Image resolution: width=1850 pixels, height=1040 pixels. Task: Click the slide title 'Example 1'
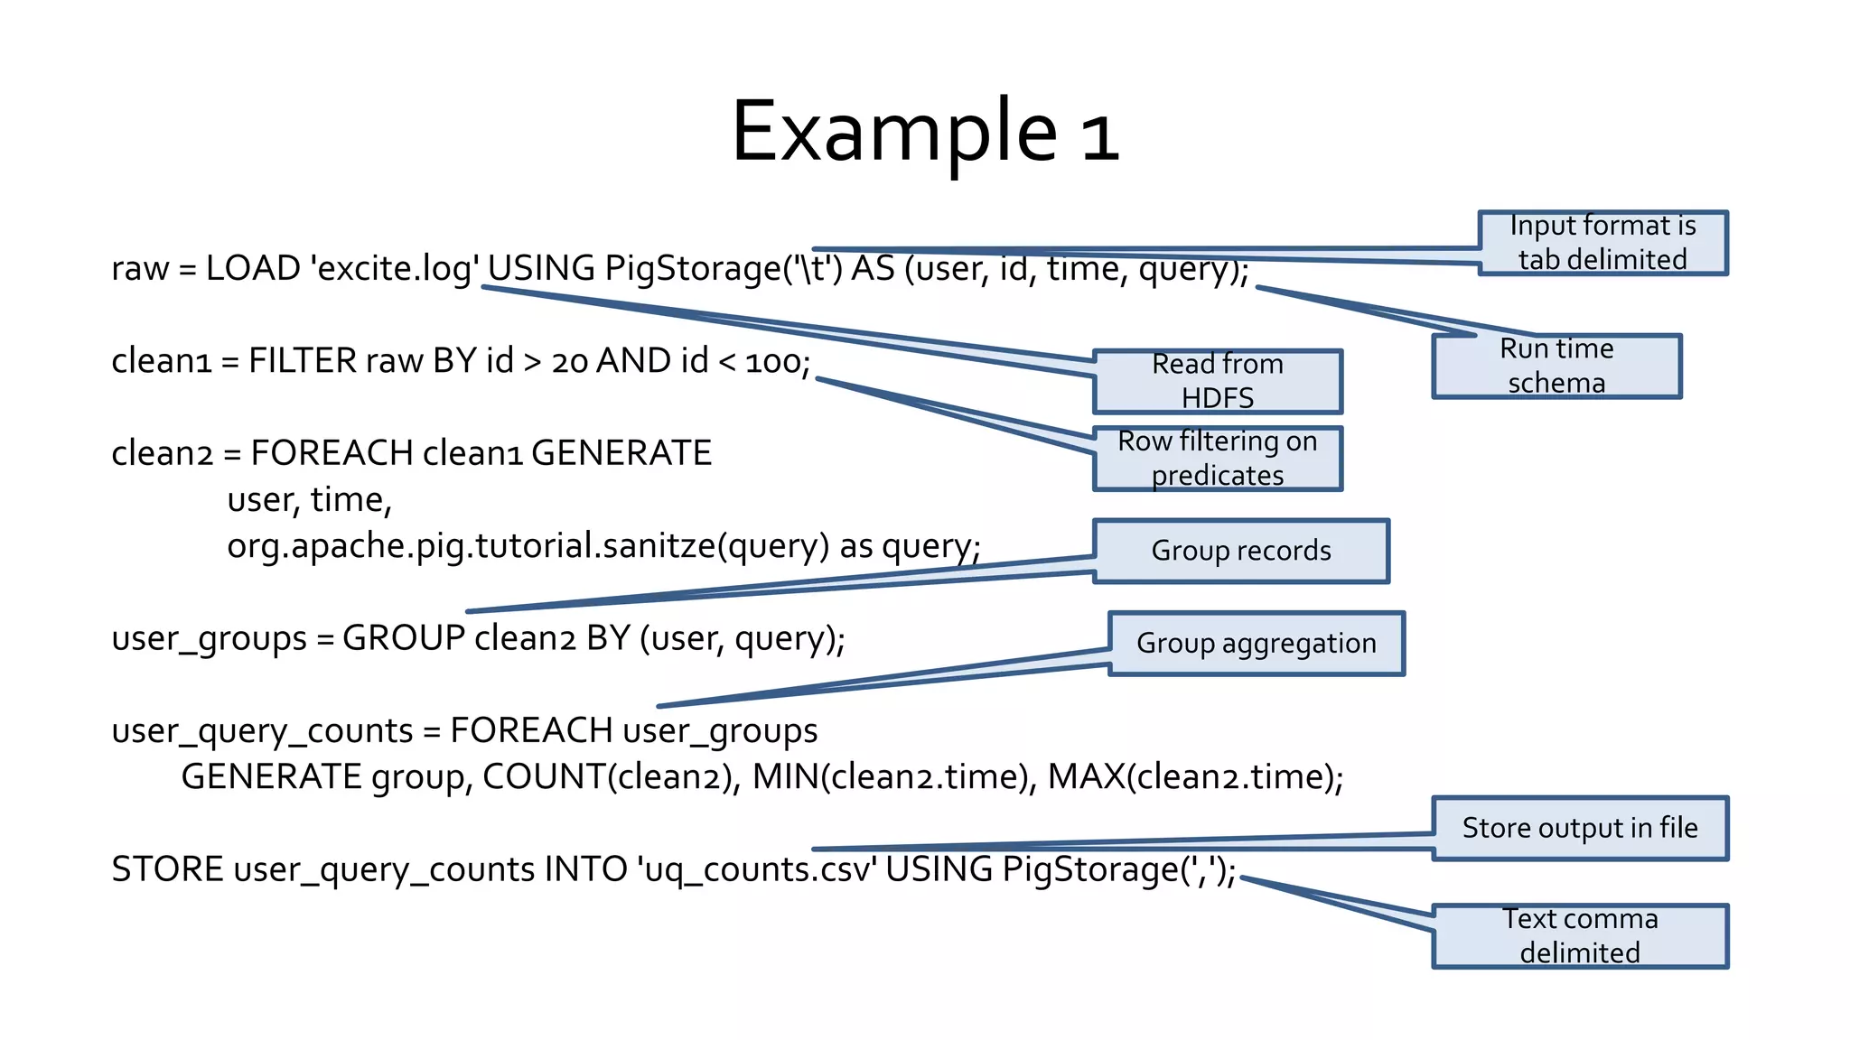[x=925, y=132]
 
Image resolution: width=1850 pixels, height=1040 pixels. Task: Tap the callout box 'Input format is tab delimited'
[x=1602, y=243]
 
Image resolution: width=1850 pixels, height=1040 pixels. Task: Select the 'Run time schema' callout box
[x=1556, y=366]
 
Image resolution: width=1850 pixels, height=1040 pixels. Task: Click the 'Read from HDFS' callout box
[x=1217, y=381]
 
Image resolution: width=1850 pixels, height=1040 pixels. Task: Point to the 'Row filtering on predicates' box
[x=1217, y=459]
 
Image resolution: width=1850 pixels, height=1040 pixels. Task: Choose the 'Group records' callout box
[x=1240, y=551]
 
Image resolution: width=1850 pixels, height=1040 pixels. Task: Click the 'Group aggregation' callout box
[x=1256, y=644]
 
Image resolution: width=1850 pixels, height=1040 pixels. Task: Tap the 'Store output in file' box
[x=1579, y=828]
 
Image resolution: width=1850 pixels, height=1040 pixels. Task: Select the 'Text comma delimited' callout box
[x=1579, y=936]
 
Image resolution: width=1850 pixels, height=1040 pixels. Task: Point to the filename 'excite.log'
[x=394, y=269]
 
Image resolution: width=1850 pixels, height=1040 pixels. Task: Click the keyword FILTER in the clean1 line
[x=303, y=361]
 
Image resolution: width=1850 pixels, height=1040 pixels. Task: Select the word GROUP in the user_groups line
[x=404, y=638]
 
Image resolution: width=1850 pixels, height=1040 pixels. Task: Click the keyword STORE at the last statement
[x=167, y=869]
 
